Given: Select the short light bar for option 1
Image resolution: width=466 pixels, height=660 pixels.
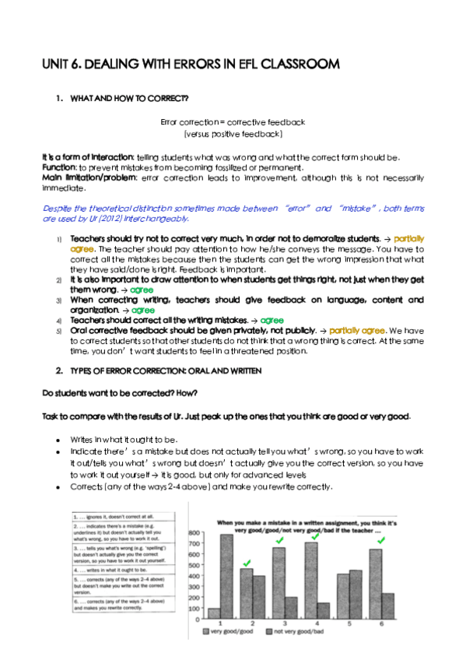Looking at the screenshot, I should (213, 612).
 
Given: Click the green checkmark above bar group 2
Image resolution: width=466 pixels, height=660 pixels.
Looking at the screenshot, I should (247, 561).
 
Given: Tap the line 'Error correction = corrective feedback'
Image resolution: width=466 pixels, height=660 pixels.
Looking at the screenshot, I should (233, 122).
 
